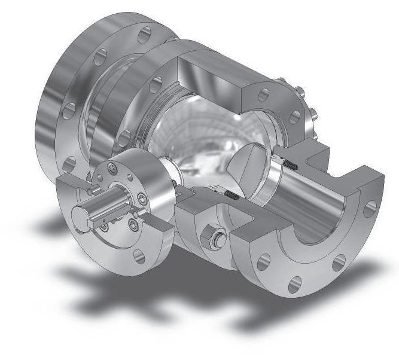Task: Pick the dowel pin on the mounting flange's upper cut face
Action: [x=89, y=190]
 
